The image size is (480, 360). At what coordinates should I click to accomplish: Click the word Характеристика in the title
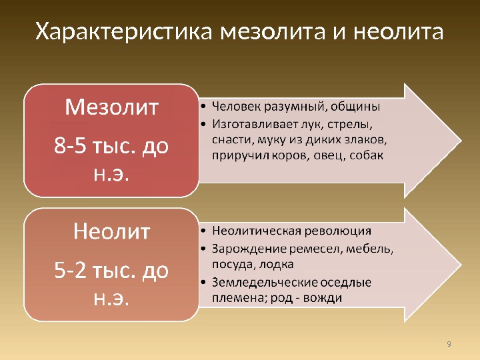pyautogui.click(x=123, y=31)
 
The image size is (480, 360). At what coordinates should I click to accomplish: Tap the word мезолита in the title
pyautogui.click(x=273, y=32)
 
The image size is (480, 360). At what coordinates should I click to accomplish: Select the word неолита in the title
pyautogui.click(x=398, y=32)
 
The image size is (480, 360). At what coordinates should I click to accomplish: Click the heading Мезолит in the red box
pyautogui.click(x=111, y=107)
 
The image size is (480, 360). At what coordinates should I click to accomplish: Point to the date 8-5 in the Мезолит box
pyautogui.click(x=70, y=145)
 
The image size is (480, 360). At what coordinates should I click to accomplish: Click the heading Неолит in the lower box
pyautogui.click(x=111, y=231)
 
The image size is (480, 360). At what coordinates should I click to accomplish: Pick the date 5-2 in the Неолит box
pyautogui.click(x=70, y=270)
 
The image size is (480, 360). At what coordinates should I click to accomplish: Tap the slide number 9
pyautogui.click(x=449, y=344)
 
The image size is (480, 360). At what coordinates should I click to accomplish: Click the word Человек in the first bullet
pyautogui.click(x=236, y=107)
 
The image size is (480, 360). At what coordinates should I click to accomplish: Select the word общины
pyautogui.click(x=355, y=107)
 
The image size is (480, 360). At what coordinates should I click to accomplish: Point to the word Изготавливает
pyautogui.click(x=251, y=124)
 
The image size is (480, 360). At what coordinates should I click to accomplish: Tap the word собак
pyautogui.click(x=366, y=155)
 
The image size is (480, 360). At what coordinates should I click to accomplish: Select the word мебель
pyautogui.click(x=369, y=249)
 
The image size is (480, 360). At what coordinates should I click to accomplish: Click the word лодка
pyautogui.click(x=276, y=264)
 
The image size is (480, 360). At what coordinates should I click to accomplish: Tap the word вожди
pyautogui.click(x=323, y=298)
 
